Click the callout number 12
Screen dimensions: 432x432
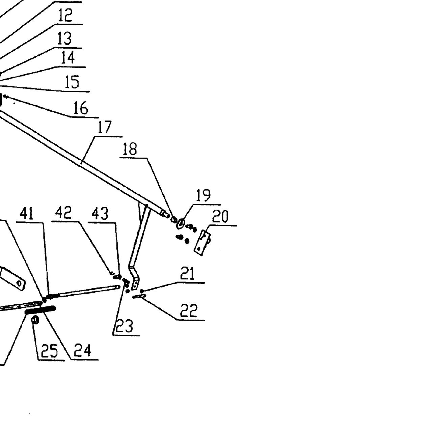(x=65, y=15)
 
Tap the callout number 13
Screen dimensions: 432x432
(x=64, y=38)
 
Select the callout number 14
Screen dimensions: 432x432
(x=68, y=58)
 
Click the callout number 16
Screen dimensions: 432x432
(x=81, y=108)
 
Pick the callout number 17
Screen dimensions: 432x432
(x=105, y=127)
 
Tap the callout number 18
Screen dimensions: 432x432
(x=130, y=149)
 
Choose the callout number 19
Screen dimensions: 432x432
(x=203, y=195)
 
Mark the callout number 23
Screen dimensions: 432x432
(x=125, y=326)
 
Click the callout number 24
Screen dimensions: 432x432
(x=83, y=350)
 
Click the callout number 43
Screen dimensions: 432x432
(x=100, y=214)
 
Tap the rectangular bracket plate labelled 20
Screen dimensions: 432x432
(x=202, y=243)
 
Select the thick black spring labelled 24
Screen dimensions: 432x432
(x=40, y=310)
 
